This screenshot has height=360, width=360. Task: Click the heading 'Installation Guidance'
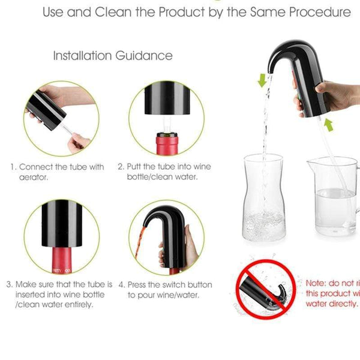tap(113, 56)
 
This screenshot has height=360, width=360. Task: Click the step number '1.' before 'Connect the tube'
tap(12, 167)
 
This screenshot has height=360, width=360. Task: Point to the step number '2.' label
tap(121, 167)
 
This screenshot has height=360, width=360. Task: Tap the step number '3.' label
tap(10, 284)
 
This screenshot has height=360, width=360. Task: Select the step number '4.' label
tap(122, 284)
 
